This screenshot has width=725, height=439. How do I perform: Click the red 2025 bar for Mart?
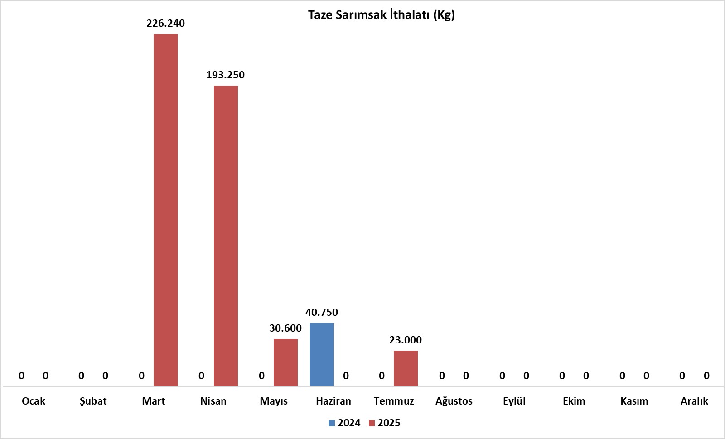[165, 210]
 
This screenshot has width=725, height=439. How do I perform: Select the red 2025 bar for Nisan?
[226, 236]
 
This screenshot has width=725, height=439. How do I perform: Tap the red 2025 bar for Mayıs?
[285, 362]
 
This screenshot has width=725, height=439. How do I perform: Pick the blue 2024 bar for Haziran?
[322, 354]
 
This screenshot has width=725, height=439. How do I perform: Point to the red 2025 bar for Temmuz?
[406, 368]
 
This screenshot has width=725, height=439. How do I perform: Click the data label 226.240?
[165, 24]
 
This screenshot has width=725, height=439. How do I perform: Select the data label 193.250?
[225, 75]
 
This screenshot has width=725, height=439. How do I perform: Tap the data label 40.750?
[322, 313]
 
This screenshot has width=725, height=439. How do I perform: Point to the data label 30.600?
[285, 328]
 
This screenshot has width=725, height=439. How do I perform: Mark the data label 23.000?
[406, 340]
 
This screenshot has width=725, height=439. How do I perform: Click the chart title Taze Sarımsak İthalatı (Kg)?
[382, 15]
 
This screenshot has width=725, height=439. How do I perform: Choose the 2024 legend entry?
[344, 423]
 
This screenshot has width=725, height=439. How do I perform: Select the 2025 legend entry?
[385, 423]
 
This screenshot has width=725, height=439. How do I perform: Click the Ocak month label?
[34, 401]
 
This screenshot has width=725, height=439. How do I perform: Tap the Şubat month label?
[93, 401]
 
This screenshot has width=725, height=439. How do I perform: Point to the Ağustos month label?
[454, 401]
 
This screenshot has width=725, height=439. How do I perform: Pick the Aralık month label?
[694, 401]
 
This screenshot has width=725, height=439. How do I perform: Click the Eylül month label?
[514, 401]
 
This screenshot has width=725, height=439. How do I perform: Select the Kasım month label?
[634, 401]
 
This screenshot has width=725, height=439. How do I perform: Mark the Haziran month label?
[333, 401]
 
